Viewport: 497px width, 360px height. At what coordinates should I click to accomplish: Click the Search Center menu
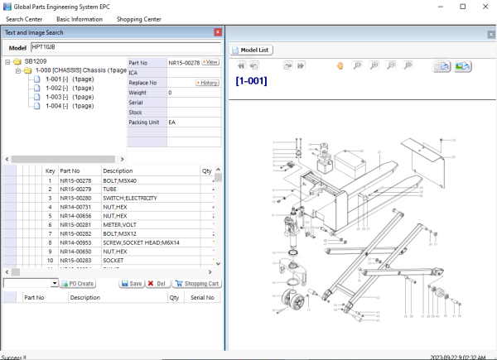(x=24, y=18)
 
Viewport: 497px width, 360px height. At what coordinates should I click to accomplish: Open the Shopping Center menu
(x=138, y=18)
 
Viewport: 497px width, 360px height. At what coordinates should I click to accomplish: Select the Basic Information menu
(x=80, y=18)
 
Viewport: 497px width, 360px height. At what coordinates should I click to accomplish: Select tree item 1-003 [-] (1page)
(x=69, y=97)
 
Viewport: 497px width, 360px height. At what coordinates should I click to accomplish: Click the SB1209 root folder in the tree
(x=35, y=61)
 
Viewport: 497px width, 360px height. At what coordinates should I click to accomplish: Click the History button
(x=207, y=83)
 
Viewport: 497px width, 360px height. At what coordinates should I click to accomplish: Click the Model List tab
(x=253, y=50)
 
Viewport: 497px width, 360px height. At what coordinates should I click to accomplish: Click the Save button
(x=131, y=283)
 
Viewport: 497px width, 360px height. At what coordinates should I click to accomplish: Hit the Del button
(x=157, y=283)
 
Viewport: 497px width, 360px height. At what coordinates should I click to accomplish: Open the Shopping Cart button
(x=196, y=283)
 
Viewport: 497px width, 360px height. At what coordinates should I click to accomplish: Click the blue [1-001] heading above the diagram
(x=251, y=81)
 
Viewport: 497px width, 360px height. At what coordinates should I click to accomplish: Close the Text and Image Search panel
(x=218, y=32)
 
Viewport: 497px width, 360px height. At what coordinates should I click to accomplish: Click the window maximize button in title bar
(x=461, y=6)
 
